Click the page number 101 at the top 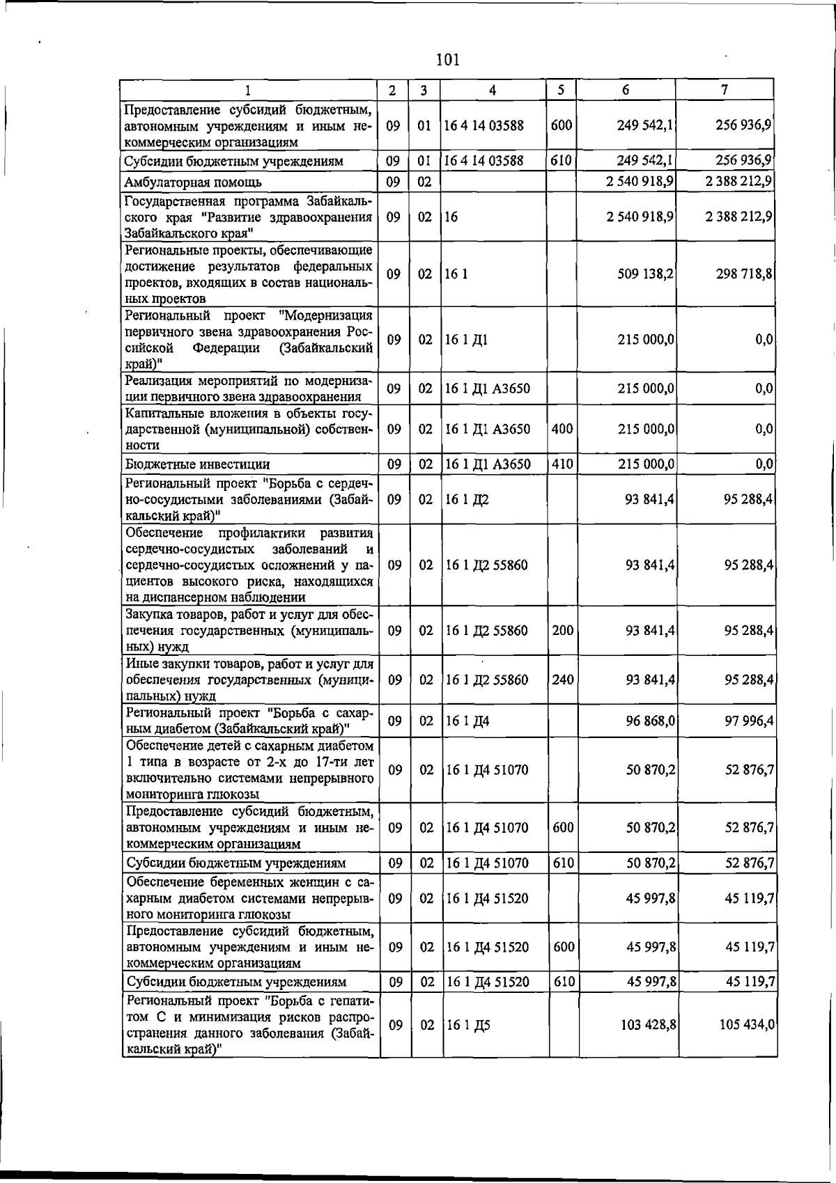click(x=447, y=60)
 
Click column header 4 click(x=493, y=91)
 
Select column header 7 click(x=725, y=90)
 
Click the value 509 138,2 click(x=645, y=274)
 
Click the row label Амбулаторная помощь click(x=193, y=182)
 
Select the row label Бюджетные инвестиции click(x=197, y=464)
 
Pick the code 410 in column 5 click(x=562, y=464)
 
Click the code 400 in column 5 click(x=562, y=429)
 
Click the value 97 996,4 click(x=749, y=721)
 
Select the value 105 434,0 click(x=747, y=1025)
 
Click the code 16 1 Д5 click(x=468, y=1026)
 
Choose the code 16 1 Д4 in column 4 click(x=467, y=721)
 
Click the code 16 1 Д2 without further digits click(x=467, y=500)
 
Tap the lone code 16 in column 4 click(x=451, y=217)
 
